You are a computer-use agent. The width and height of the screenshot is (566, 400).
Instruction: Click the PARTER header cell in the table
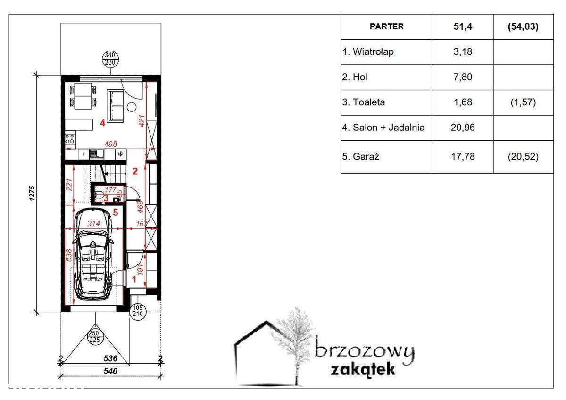pyautogui.click(x=386, y=26)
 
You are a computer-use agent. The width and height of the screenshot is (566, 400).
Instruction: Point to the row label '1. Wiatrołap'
pyautogui.click(x=368, y=51)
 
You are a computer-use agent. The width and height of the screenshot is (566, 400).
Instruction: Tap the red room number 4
pyautogui.click(x=102, y=123)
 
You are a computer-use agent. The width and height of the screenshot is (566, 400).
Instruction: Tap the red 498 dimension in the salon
pyautogui.click(x=110, y=144)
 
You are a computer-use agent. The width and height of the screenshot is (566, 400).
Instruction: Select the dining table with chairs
pyautogui.click(x=83, y=95)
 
